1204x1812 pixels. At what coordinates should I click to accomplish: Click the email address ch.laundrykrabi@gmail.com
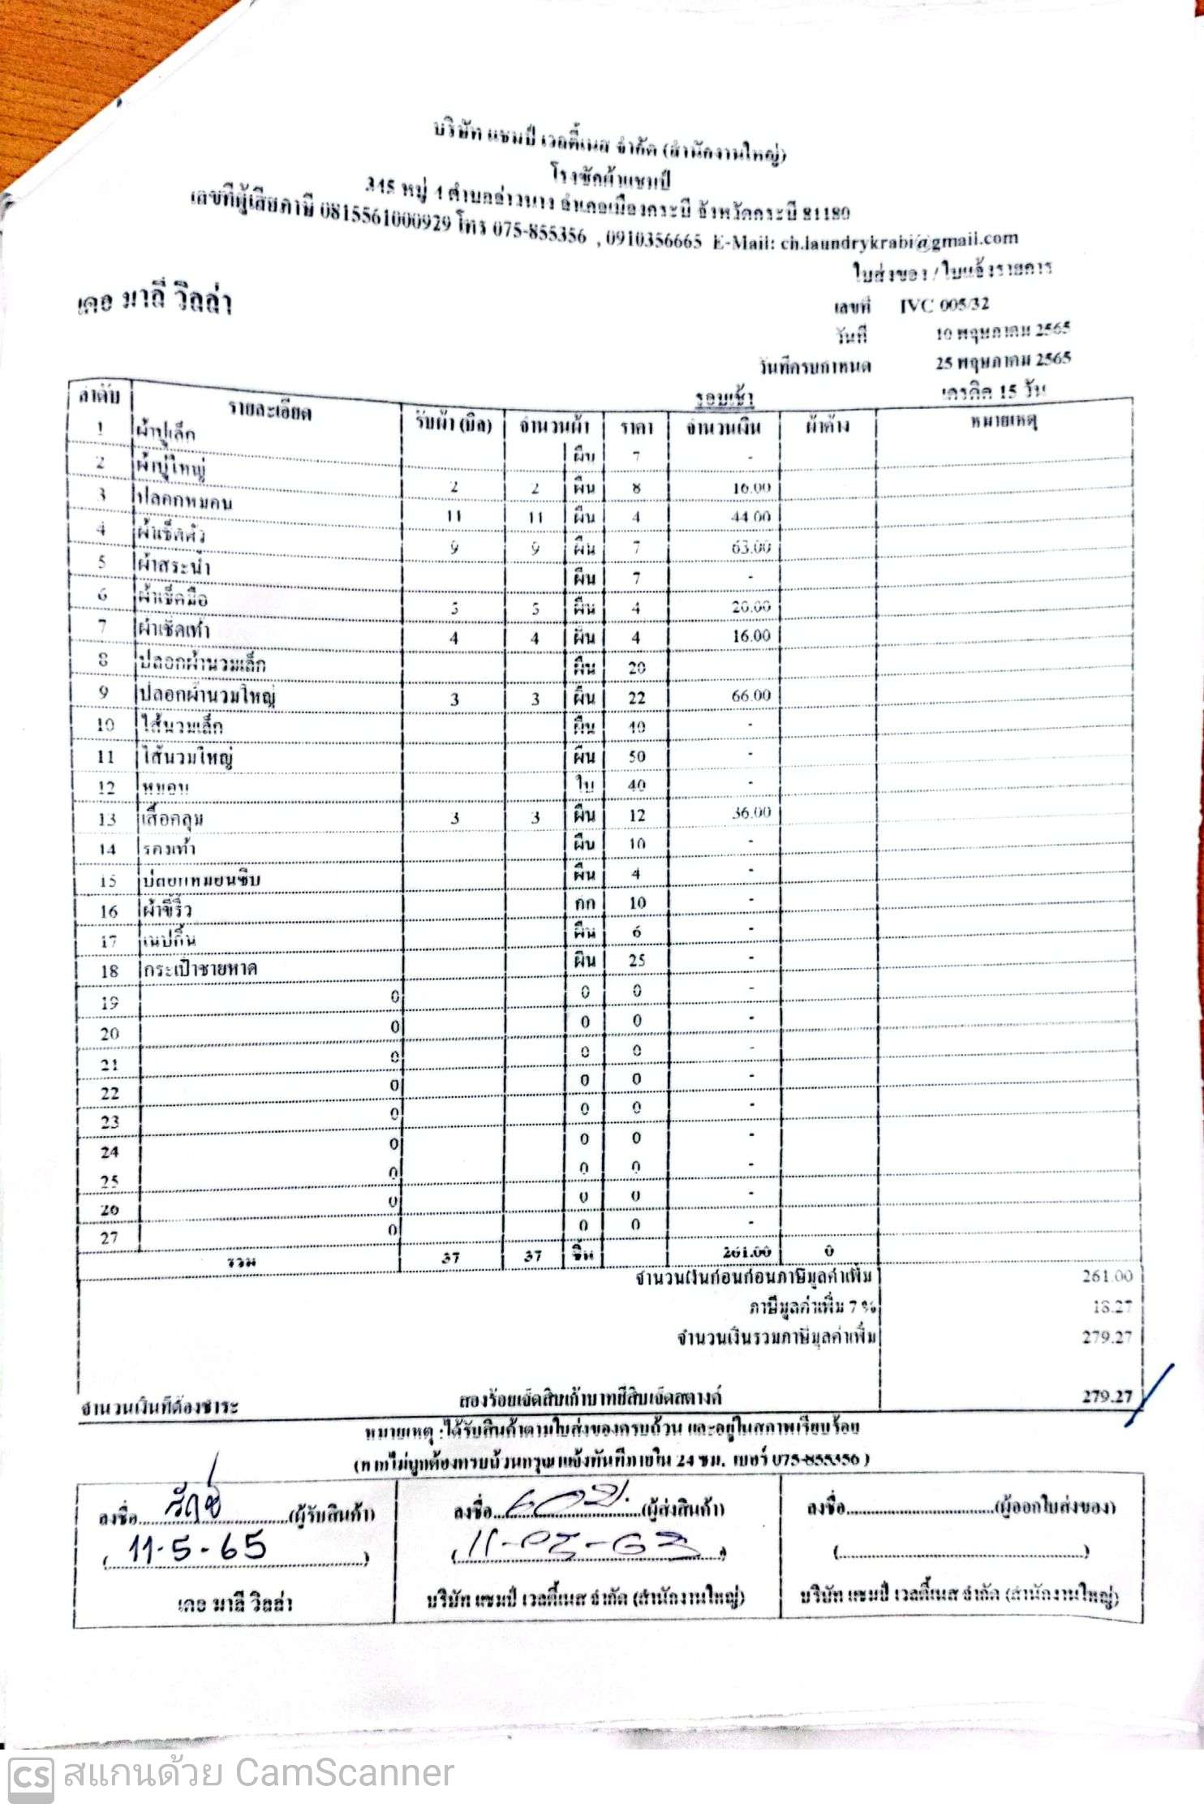point(899,241)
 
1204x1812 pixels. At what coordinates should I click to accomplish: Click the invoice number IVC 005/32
point(944,305)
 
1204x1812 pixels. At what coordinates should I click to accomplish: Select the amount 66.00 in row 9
point(750,695)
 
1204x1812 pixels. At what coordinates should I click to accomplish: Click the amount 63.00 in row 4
point(750,548)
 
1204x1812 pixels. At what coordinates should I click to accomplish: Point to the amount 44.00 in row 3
point(750,517)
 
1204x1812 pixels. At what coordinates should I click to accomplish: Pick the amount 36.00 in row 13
point(750,813)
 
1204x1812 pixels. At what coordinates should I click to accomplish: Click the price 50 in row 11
point(637,757)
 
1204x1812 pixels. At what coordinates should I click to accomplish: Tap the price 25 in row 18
point(637,961)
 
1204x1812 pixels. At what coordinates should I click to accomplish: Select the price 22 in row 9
point(637,698)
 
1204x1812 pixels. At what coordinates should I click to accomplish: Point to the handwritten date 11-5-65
point(197,1548)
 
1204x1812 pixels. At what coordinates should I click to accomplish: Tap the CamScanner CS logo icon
point(31,1775)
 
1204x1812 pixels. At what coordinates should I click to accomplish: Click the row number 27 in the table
point(109,1238)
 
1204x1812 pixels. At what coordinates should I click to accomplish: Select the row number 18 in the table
point(109,971)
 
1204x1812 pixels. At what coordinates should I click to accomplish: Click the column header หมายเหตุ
point(1003,422)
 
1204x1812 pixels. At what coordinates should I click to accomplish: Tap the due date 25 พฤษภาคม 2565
point(1003,361)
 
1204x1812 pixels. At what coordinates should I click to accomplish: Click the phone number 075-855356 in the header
point(539,234)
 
